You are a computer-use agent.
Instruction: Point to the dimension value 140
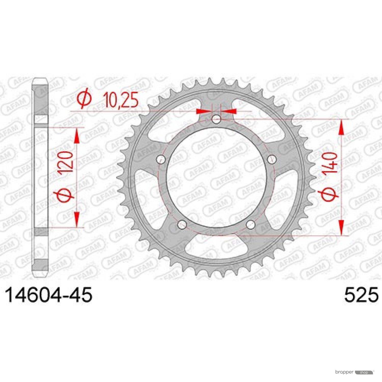point(330,163)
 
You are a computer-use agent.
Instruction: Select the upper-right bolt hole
point(272,159)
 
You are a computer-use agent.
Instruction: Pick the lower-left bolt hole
point(182,224)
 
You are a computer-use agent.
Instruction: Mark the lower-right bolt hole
point(251,224)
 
